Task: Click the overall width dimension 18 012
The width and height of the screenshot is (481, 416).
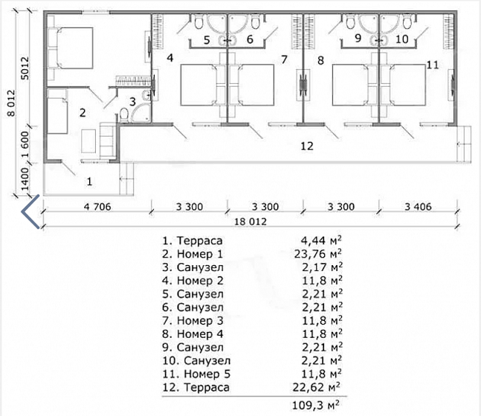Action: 251,221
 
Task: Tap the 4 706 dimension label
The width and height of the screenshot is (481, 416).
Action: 97,207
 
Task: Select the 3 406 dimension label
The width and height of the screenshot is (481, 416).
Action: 418,207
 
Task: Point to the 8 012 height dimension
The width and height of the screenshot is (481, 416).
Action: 11,103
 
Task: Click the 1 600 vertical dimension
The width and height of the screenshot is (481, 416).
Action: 25,144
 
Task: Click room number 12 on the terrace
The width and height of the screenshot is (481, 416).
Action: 307,146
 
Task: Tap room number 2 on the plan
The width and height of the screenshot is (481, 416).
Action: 83,113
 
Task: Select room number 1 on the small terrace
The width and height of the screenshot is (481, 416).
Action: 89,182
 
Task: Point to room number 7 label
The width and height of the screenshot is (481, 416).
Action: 285,59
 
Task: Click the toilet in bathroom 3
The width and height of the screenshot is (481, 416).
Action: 124,114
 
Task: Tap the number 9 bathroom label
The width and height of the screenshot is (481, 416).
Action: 358,39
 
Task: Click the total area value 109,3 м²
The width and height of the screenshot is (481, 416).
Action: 316,406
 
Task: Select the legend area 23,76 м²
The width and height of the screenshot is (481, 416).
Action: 317,254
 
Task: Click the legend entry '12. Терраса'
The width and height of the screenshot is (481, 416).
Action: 196,387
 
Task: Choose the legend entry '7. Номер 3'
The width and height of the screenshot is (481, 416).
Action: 193,321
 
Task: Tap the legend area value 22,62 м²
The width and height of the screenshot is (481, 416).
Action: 316,387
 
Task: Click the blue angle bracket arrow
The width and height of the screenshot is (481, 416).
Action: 30,212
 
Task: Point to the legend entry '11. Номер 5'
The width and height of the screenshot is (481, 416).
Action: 196,374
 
